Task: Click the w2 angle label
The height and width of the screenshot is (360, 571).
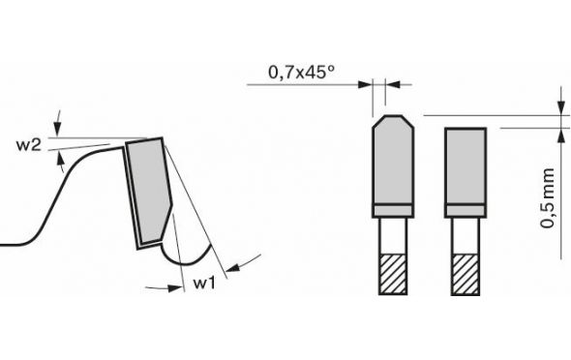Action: (x=28, y=145)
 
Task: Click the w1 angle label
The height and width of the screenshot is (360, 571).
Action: (x=204, y=283)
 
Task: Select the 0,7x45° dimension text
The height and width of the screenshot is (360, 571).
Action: (x=301, y=72)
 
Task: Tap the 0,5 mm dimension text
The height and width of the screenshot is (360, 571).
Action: (x=548, y=198)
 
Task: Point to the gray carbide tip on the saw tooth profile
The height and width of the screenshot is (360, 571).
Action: (x=149, y=191)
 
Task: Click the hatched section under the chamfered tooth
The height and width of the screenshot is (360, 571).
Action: (x=393, y=274)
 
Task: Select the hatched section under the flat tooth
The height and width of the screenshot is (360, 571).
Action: (x=466, y=275)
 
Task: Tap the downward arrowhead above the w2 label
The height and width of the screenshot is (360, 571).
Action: (x=57, y=129)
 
